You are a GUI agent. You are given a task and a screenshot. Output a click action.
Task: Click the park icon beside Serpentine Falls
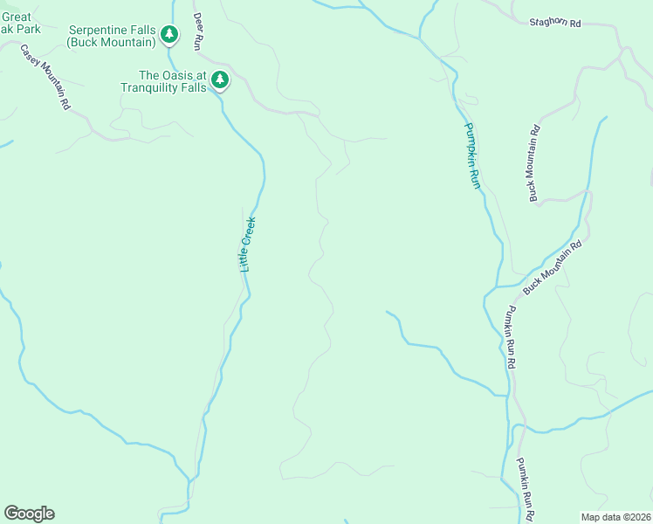tap(169, 35)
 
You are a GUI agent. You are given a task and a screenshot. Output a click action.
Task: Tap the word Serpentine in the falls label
tap(99, 30)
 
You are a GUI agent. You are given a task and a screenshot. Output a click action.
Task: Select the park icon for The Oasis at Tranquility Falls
tap(220, 80)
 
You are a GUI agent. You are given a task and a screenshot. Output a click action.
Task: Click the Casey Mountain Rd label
tap(45, 77)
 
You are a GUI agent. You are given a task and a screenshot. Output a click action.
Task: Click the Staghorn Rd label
tap(554, 24)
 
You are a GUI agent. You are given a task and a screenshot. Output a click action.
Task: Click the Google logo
tap(29, 513)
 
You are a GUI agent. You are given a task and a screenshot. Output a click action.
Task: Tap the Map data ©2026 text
tap(616, 517)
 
